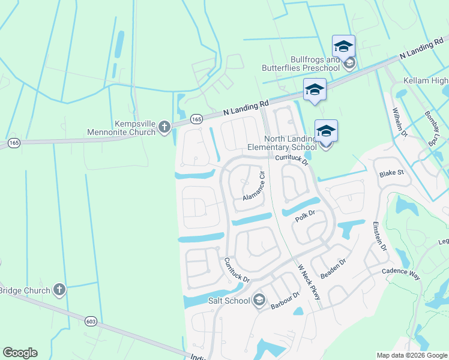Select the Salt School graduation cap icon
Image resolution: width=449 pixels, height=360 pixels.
click(x=259, y=300)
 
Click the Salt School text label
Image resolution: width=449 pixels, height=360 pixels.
click(x=229, y=301)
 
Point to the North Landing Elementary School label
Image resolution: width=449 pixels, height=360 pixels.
click(x=282, y=143)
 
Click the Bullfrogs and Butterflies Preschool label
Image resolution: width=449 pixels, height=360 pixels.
click(x=300, y=64)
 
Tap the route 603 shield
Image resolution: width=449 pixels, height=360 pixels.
click(x=91, y=320)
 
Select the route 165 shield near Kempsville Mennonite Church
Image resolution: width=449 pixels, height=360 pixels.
click(x=196, y=119)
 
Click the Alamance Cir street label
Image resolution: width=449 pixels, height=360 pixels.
click(x=253, y=187)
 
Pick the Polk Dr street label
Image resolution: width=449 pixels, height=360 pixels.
click(x=305, y=217)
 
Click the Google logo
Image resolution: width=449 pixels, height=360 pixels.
click(x=20, y=353)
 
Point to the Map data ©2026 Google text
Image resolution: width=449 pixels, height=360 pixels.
click(x=412, y=355)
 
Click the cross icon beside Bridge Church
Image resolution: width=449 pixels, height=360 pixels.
click(x=59, y=290)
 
